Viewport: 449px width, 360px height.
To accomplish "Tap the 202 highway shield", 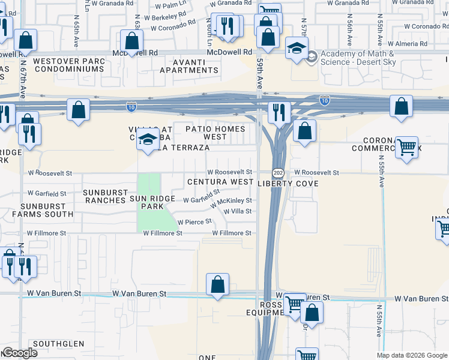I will coord(278,173).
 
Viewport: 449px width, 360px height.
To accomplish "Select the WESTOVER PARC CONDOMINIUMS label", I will coord(68,65).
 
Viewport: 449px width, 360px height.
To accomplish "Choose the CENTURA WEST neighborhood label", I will coord(220,182).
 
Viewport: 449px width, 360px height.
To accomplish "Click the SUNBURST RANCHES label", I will coord(104,196).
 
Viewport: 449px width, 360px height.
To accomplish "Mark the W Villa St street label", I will coord(237,211).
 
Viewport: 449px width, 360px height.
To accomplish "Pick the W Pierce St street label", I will coord(194,221).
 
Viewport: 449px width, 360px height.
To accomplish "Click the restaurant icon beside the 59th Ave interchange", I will coord(279,111).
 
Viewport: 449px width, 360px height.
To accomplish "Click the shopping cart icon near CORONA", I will coord(407,146).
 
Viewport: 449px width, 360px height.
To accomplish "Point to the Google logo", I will coord(19,353).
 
